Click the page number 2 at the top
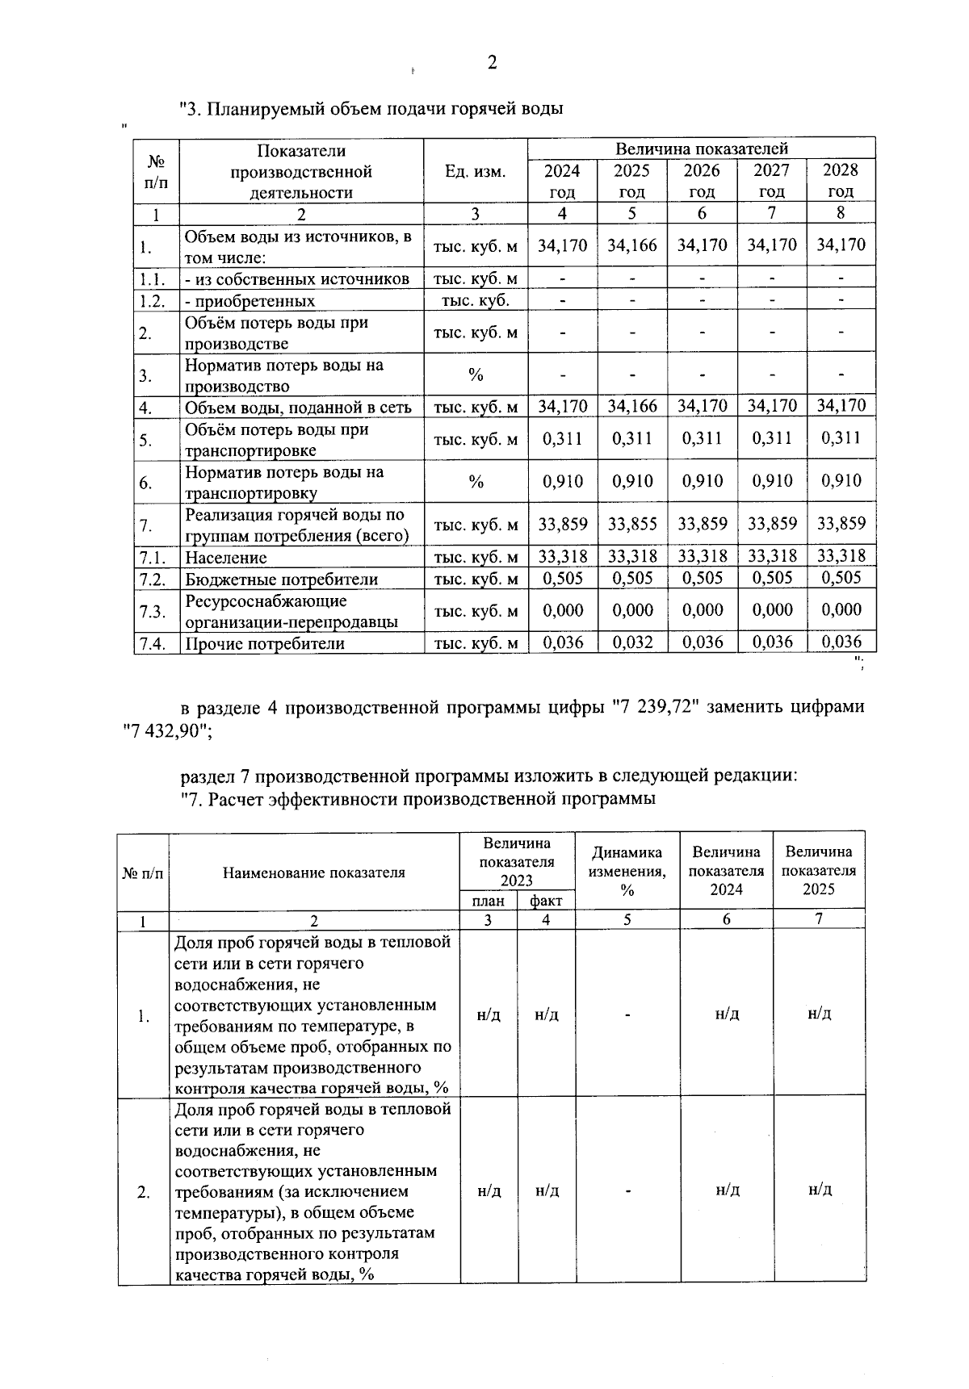[x=492, y=64]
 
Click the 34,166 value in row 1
[x=632, y=245]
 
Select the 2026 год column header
[x=702, y=181]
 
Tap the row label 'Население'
[x=226, y=558]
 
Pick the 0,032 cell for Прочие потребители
[x=632, y=643]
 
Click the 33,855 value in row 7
[x=632, y=525]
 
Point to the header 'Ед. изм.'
[x=475, y=171]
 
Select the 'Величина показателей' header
[x=702, y=149]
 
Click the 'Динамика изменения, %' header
[x=627, y=872]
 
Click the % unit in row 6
[x=476, y=483]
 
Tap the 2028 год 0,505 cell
[x=841, y=578]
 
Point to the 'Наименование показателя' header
[x=314, y=872]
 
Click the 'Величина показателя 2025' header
[x=819, y=871]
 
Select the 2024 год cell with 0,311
[x=563, y=439]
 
